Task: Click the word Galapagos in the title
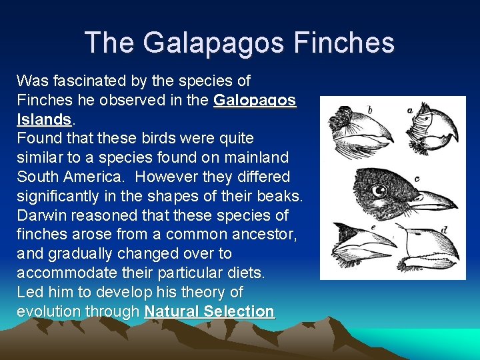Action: pos(217,43)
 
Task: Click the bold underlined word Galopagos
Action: pos(255,101)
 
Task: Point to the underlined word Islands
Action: pos(43,120)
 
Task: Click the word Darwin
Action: pos(43,216)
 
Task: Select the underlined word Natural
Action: pos(171,311)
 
